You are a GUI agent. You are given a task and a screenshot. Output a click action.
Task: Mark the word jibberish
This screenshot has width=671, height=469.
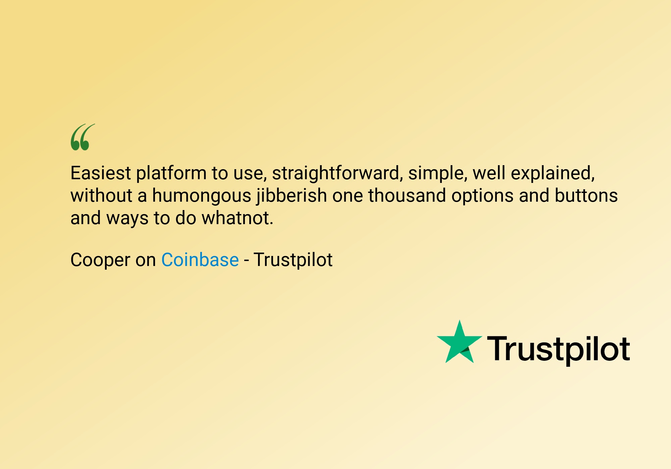point(292,196)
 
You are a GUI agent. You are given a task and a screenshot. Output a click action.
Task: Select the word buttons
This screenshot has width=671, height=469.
point(586,195)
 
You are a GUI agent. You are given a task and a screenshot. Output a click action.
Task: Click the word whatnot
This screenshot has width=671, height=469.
point(238,218)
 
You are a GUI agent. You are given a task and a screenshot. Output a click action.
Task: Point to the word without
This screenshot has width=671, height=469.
point(101,195)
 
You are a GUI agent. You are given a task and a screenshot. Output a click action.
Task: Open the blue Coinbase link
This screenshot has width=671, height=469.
point(200,260)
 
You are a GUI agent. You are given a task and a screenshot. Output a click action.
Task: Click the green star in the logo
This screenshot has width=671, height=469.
point(459,343)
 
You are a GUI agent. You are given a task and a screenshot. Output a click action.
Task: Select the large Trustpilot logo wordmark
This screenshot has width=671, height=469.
point(558,350)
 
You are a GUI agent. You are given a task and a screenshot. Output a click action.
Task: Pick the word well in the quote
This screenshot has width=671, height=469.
point(489,173)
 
